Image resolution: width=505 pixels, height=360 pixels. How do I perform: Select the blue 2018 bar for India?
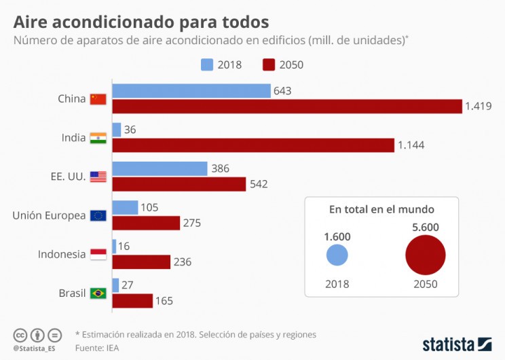pyautogui.click(x=117, y=130)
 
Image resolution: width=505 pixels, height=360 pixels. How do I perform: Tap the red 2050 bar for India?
pyautogui.click(x=253, y=145)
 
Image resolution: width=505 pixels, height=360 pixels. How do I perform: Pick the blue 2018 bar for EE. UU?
pyautogui.click(x=160, y=168)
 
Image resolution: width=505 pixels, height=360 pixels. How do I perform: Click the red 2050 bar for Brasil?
pyautogui.click(x=132, y=301)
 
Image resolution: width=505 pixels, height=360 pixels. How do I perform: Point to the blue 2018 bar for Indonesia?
pyautogui.click(x=114, y=247)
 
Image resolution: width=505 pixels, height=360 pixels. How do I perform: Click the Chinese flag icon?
pyautogui.click(x=98, y=99)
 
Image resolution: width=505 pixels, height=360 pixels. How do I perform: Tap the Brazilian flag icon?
pyautogui.click(x=98, y=293)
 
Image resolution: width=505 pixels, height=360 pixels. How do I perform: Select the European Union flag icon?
pyautogui.click(x=98, y=216)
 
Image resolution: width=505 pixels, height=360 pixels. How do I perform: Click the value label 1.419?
pyautogui.click(x=478, y=106)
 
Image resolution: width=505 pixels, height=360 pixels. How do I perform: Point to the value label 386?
pyautogui.click(x=221, y=168)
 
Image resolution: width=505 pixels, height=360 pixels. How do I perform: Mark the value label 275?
pyautogui.click(x=193, y=223)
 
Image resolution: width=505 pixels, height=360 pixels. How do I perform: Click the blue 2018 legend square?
pyautogui.click(x=207, y=65)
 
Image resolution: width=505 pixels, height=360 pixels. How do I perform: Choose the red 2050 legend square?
pyautogui.click(x=269, y=65)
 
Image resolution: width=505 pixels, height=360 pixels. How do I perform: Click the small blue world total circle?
pyautogui.click(x=337, y=256)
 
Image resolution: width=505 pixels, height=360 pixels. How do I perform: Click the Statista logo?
pyautogui.click(x=456, y=343)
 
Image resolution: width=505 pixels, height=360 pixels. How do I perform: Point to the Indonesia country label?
pyautogui.click(x=62, y=254)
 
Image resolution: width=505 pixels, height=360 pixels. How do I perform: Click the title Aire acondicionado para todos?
pyautogui.click(x=141, y=22)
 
